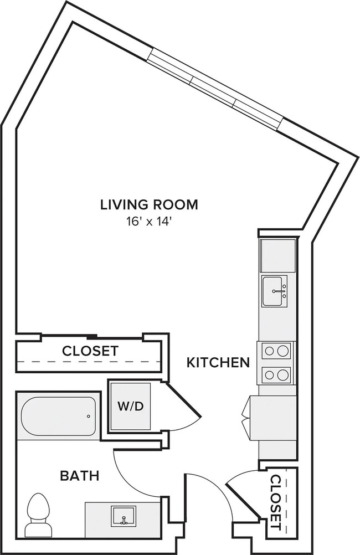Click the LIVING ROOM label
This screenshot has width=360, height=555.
(x=149, y=204)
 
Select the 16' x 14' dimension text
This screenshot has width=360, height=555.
(x=149, y=222)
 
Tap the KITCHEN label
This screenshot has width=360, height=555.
(x=218, y=363)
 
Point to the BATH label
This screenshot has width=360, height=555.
(x=79, y=475)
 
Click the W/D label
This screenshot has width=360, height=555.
(x=130, y=406)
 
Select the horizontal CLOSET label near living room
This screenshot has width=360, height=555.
(x=90, y=351)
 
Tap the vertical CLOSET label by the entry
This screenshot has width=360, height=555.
(x=276, y=501)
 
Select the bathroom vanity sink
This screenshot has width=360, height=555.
(x=122, y=516)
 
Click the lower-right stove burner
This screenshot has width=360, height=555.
(x=283, y=375)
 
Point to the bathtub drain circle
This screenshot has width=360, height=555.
(x=89, y=416)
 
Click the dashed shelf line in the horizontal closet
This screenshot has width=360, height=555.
(x=89, y=362)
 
